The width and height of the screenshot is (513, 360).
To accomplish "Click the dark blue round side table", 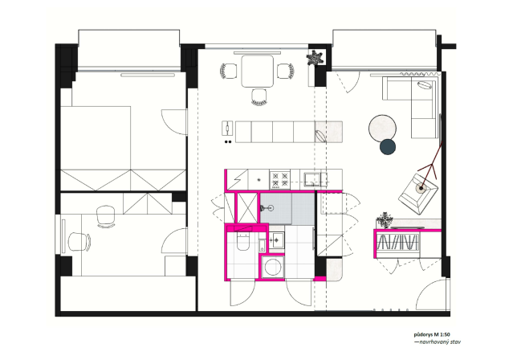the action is tap(388, 147).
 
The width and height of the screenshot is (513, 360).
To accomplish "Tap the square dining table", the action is tap(258, 71).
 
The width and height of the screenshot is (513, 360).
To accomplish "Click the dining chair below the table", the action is tap(259, 97).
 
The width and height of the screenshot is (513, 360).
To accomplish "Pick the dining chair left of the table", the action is tap(228, 71).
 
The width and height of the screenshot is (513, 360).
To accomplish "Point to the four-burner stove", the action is tap(279, 179).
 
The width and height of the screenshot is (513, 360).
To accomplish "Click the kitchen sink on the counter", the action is tap(313, 179).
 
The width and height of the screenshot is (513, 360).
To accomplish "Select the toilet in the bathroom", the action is tap(242, 242).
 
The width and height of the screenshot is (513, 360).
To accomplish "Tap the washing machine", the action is tap(273, 267).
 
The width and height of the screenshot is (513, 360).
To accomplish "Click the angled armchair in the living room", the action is tap(418, 194).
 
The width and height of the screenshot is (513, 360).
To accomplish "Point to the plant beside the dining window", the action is tap(315, 58).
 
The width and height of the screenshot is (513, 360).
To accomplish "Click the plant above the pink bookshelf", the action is tap(385, 219).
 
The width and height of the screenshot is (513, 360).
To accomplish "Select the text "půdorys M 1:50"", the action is tap(432, 334).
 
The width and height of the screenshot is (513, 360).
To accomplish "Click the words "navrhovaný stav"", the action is tap(440, 342).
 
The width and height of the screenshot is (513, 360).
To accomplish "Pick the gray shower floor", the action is tap(287, 209).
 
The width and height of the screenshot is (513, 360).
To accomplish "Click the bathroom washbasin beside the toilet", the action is tap(276, 239).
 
